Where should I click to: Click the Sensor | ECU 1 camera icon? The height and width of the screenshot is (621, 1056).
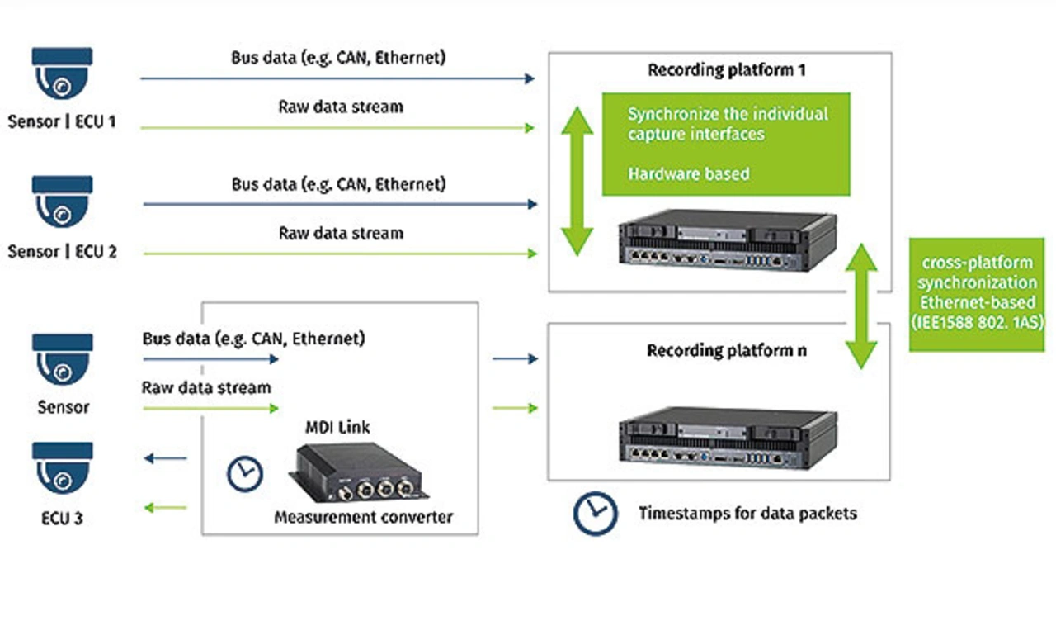point(62,74)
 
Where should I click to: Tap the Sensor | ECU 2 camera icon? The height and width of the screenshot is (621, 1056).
point(62,202)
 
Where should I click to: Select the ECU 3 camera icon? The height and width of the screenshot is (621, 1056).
point(62,469)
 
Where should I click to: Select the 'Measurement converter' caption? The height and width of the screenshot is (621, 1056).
point(363,518)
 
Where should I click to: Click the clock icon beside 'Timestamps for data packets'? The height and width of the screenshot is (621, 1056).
point(595,513)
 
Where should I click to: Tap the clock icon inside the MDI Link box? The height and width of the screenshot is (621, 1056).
point(244,473)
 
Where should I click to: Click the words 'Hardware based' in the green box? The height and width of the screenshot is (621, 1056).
point(689,174)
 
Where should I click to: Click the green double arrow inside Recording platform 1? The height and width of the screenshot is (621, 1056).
point(577,181)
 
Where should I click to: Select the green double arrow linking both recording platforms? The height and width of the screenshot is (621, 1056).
point(862,306)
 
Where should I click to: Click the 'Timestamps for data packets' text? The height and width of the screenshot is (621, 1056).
point(747,514)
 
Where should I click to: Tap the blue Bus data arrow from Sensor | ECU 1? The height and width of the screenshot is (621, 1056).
point(338,78)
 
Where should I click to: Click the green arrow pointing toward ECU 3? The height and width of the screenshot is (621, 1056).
point(165,507)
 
